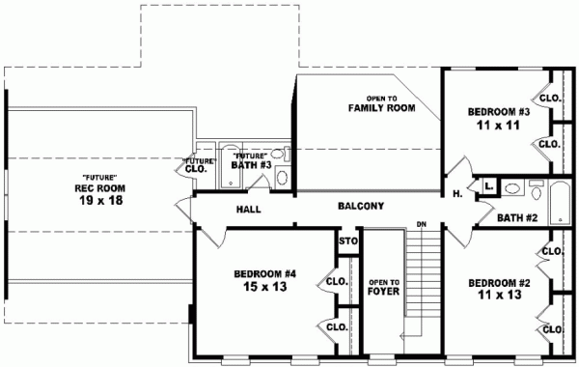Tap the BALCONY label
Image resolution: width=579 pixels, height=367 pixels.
[x=361, y=206]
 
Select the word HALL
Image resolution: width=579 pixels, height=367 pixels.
[x=250, y=210]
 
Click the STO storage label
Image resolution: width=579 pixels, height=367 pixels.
[x=347, y=241]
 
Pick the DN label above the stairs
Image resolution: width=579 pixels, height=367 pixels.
[x=422, y=225]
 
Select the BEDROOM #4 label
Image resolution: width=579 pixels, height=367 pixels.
[x=263, y=274]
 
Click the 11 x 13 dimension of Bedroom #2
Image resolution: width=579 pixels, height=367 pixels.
[x=499, y=296]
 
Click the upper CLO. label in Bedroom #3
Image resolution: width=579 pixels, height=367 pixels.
[x=550, y=98]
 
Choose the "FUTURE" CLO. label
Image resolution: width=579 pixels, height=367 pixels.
[x=198, y=165]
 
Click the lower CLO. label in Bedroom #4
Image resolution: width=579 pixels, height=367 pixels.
[x=337, y=326]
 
